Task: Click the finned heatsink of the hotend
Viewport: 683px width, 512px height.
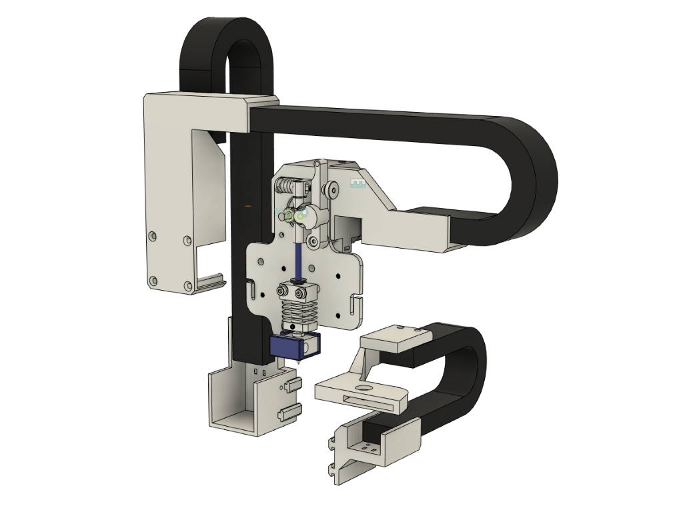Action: point(298,311)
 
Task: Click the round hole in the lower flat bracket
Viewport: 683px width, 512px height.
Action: point(364,387)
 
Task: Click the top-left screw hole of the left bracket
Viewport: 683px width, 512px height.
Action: point(153,236)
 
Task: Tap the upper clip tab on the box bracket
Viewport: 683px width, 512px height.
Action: point(291,384)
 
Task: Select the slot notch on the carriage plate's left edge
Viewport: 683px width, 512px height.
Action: point(253,288)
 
